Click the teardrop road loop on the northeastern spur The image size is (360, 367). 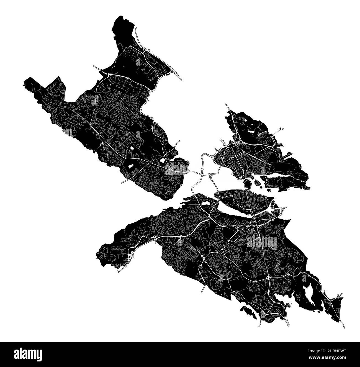tap(282, 129)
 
